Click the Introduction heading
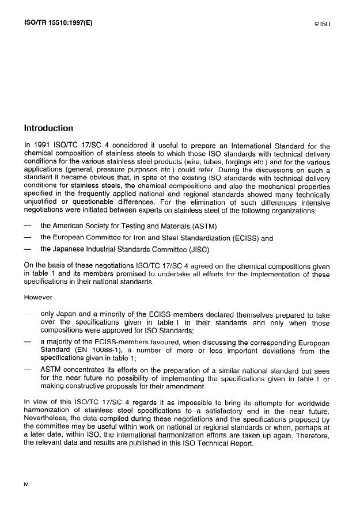tap(49, 128)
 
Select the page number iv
tap(25, 484)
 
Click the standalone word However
tap(37, 298)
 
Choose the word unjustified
tap(42, 211)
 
